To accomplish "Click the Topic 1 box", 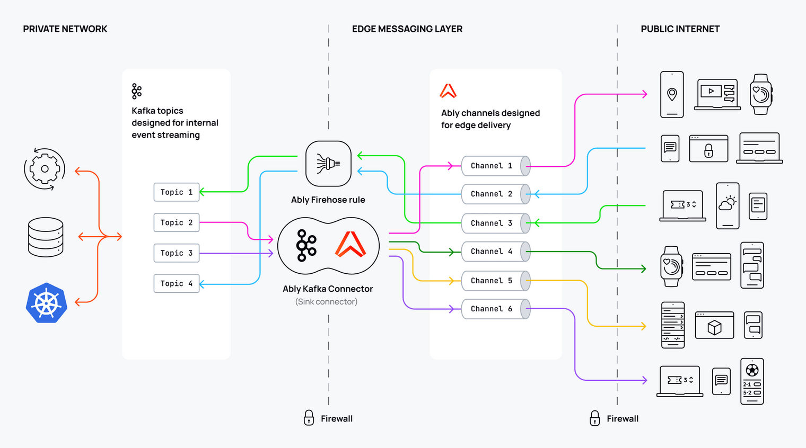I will point(176,192).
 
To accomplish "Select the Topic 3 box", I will point(176,253).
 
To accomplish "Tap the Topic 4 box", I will point(176,284).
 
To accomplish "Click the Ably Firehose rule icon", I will point(328,164).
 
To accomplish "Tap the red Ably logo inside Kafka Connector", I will point(351,245).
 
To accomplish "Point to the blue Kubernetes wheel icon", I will point(47,303).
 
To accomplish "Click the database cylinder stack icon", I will point(46,237).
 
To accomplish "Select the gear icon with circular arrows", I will point(45,169).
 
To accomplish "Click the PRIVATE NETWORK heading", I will point(65,29).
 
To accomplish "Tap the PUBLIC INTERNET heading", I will point(680,29).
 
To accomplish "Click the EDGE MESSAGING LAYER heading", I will point(407,29).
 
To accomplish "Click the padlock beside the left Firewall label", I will point(309,418).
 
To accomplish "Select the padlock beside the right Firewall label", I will point(595,418).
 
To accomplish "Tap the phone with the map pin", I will point(672,94).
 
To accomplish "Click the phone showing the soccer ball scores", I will point(752,381).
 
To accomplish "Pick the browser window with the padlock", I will point(708,148).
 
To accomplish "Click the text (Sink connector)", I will point(326,302).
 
